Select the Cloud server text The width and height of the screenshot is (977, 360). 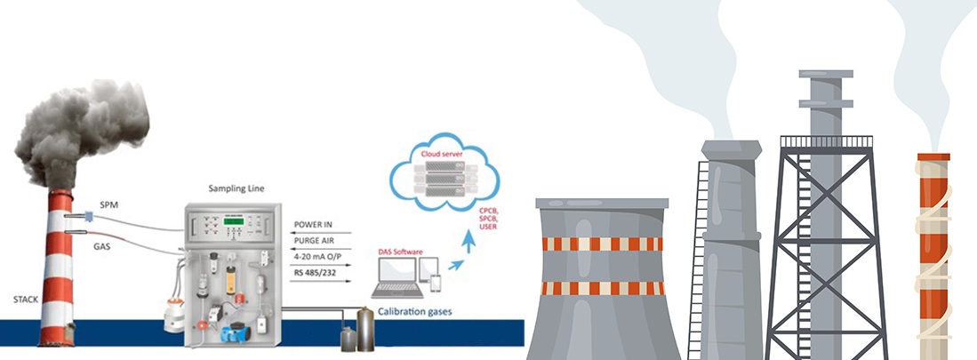pyautogui.click(x=435, y=152)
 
